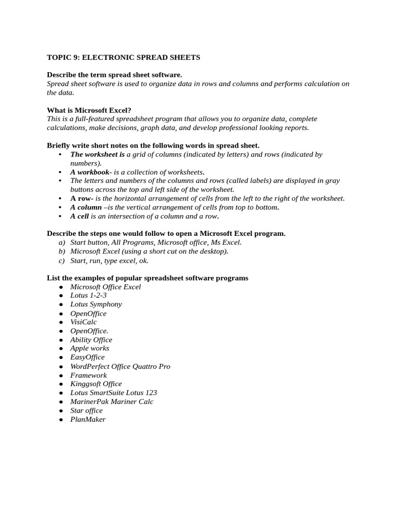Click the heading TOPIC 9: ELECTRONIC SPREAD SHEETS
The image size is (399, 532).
(x=123, y=57)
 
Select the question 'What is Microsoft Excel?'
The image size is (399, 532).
(x=89, y=110)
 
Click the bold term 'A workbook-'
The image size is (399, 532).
(x=91, y=172)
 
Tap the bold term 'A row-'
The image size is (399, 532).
(x=82, y=198)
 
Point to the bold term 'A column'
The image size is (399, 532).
(x=86, y=207)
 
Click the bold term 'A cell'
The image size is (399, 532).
(x=79, y=216)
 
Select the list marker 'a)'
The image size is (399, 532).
(x=62, y=242)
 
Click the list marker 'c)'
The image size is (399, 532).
(x=62, y=260)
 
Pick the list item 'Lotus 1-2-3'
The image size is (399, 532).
(x=88, y=295)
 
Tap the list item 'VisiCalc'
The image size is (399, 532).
(x=83, y=322)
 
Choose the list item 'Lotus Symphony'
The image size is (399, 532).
(x=96, y=304)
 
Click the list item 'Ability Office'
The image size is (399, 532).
(x=91, y=340)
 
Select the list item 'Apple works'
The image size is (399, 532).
(x=89, y=348)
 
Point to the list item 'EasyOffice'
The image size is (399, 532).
(x=87, y=357)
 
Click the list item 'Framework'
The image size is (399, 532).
(x=88, y=375)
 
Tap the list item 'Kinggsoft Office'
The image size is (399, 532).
(x=96, y=384)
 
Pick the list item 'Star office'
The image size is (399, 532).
(x=86, y=410)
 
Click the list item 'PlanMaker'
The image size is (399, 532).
(x=88, y=419)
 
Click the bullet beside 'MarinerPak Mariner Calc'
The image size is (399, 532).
(x=61, y=402)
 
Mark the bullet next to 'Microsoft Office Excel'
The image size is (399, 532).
(x=61, y=287)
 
